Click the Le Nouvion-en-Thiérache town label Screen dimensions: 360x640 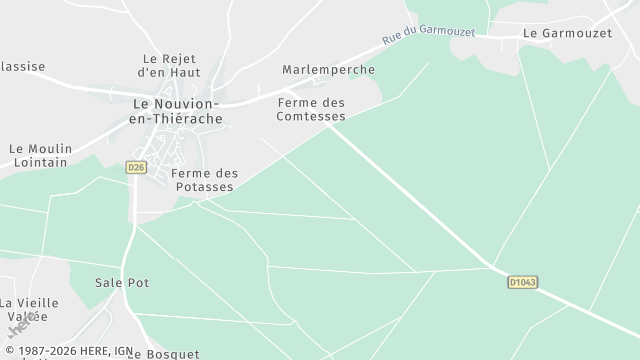(177, 110)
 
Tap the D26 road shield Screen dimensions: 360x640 (137, 167)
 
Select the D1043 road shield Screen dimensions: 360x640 (522, 283)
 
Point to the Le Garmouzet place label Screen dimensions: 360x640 (567, 33)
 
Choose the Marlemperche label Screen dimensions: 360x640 (328, 70)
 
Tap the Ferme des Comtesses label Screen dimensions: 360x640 (311, 110)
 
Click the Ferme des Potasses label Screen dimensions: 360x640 (204, 180)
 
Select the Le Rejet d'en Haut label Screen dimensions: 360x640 (170, 66)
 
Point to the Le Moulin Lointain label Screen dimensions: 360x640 (40, 155)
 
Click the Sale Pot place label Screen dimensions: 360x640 (121, 283)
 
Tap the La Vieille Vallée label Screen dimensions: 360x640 (29, 309)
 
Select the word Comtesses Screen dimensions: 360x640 (311, 117)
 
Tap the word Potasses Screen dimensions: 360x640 (204, 187)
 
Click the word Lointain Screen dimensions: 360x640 (40, 162)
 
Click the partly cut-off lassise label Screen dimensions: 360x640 (22, 67)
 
